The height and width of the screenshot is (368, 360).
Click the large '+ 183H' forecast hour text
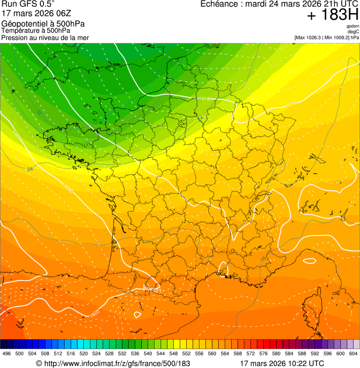click(x=332, y=15)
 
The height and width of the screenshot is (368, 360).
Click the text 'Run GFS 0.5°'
click(x=28, y=5)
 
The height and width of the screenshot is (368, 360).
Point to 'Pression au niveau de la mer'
click(x=45, y=37)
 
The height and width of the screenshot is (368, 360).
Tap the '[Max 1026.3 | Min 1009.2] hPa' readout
click(x=326, y=37)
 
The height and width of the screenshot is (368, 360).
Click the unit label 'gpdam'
click(x=353, y=27)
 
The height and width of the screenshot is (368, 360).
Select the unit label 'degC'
click(x=353, y=32)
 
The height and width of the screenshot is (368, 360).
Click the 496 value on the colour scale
click(x=7, y=354)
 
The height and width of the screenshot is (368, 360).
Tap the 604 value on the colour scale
click(x=353, y=354)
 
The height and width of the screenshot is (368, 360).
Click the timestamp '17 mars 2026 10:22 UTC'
click(x=281, y=363)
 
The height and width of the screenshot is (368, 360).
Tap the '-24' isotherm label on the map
click(x=30, y=169)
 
